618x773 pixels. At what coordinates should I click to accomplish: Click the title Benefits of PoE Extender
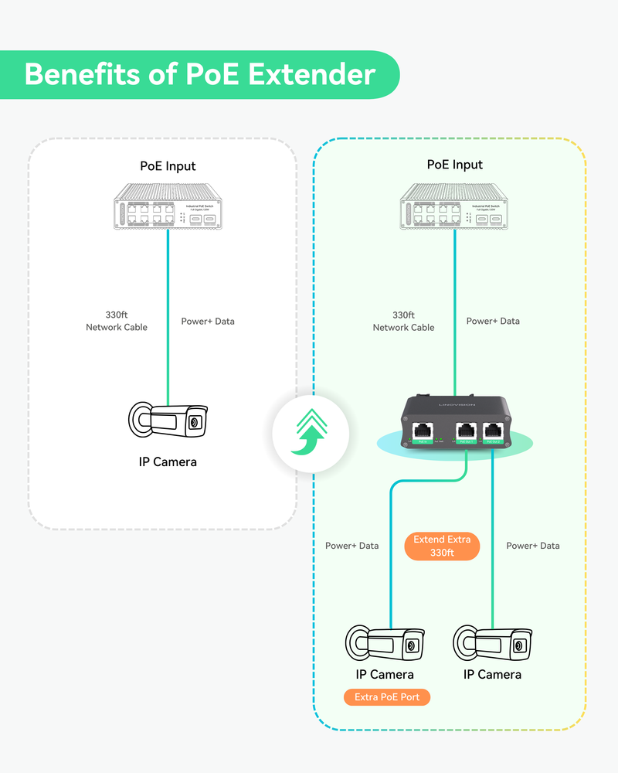click(199, 75)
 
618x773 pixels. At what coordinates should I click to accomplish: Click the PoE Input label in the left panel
click(168, 166)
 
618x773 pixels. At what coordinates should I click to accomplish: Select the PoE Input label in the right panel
click(455, 165)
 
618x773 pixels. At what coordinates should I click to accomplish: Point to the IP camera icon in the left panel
click(168, 421)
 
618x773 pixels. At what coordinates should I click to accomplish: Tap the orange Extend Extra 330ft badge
click(442, 546)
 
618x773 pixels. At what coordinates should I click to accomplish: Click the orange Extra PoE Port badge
click(387, 697)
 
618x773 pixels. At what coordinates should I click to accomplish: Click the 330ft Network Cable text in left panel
click(116, 321)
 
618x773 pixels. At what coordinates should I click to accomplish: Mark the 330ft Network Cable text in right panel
click(403, 321)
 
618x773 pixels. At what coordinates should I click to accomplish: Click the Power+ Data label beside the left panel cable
click(208, 321)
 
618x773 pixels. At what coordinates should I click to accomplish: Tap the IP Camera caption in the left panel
click(168, 461)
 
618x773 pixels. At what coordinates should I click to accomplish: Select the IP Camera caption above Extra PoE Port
click(385, 674)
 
